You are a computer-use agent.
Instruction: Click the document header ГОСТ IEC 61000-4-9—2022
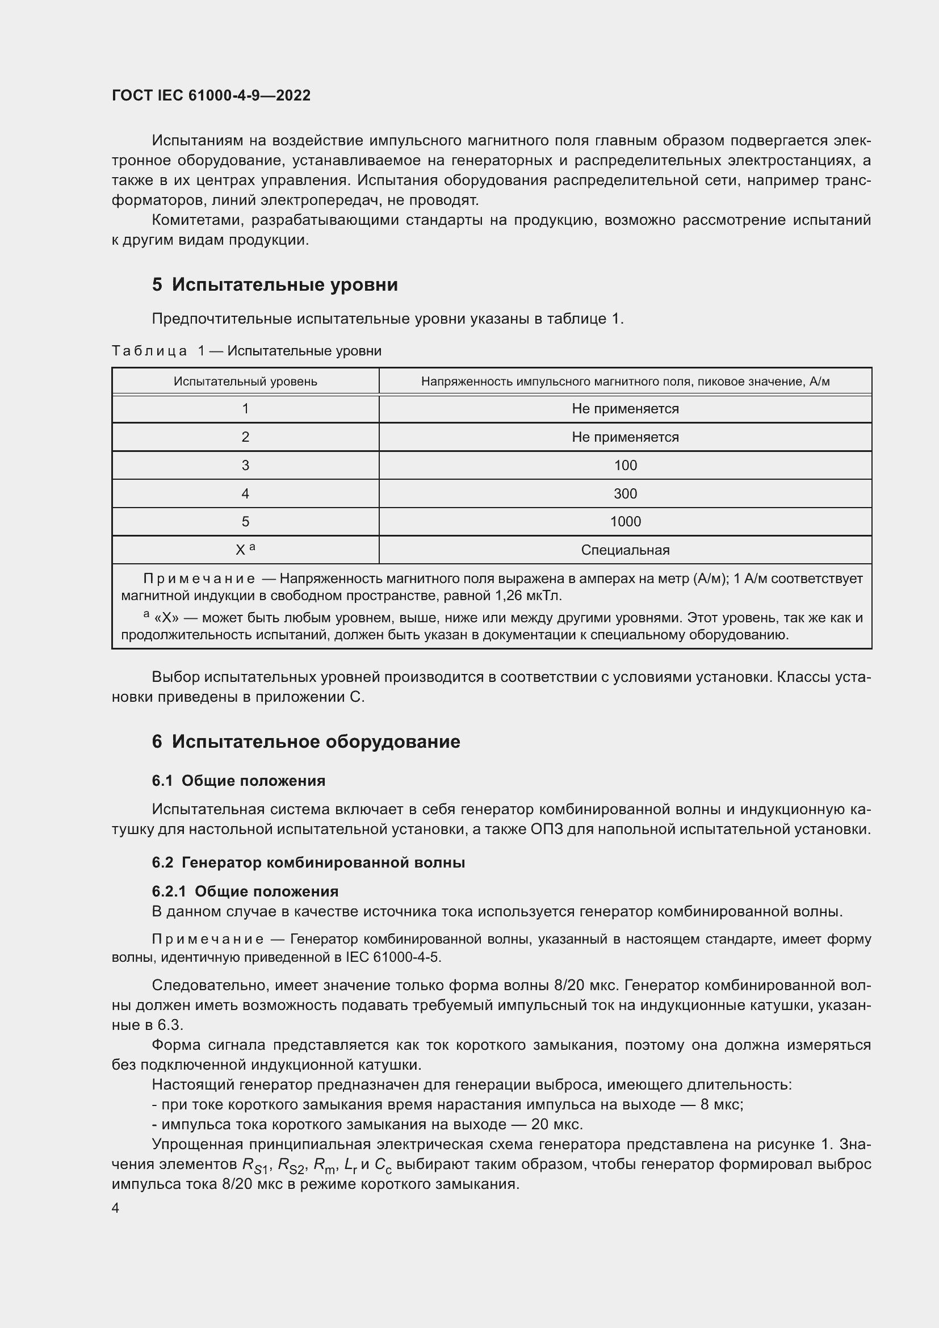pos(211,95)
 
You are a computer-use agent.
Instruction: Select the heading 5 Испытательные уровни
pos(275,284)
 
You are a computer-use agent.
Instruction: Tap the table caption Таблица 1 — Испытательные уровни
pos(246,350)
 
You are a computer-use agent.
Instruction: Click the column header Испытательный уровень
pos(245,381)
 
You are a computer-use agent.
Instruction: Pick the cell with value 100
pos(625,465)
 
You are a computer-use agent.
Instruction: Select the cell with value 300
pos(625,493)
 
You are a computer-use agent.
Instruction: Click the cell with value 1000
pos(625,521)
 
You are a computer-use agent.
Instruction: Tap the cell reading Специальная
pos(625,550)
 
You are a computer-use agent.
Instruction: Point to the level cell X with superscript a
pos(245,550)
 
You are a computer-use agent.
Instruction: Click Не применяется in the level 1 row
pos(625,409)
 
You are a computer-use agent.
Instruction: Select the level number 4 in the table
pos(245,493)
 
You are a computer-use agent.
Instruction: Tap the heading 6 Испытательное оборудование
pos(306,741)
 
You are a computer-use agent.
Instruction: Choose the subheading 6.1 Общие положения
pos(238,781)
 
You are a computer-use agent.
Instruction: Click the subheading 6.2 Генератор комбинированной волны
pos(308,862)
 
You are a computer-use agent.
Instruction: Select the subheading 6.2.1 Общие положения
pos(245,891)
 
